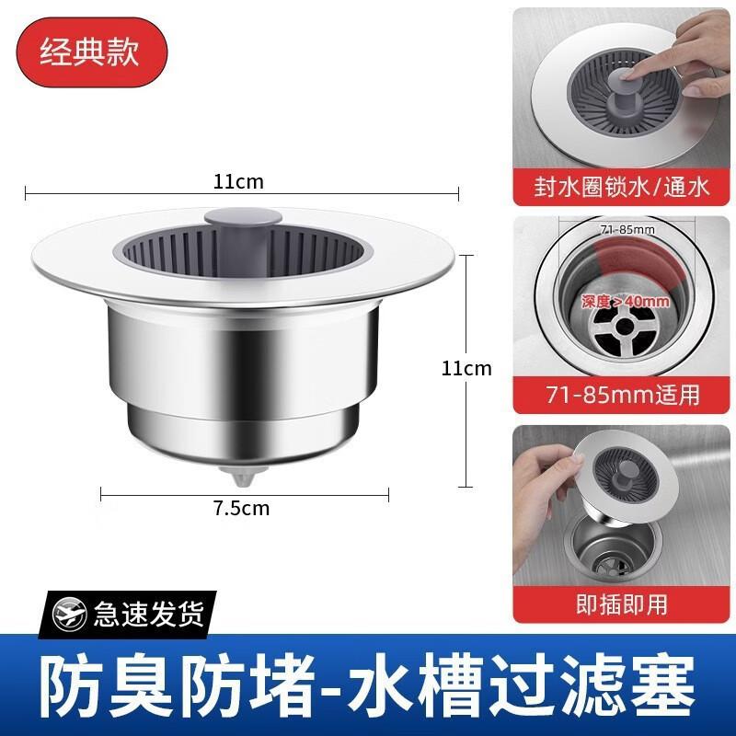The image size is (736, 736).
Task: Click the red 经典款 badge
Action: (89, 51)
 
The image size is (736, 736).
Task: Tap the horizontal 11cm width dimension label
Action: (238, 181)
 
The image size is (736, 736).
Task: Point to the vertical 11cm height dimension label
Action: (466, 369)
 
